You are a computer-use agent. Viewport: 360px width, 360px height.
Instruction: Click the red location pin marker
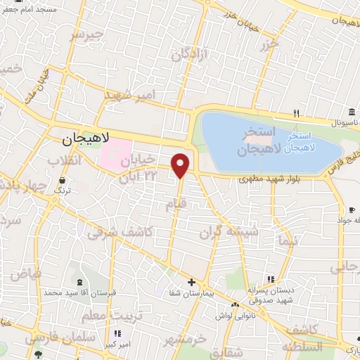click(x=181, y=165)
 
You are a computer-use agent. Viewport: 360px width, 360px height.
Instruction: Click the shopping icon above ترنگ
click(x=63, y=180)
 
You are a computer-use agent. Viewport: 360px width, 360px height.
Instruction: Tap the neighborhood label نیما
click(x=288, y=240)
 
